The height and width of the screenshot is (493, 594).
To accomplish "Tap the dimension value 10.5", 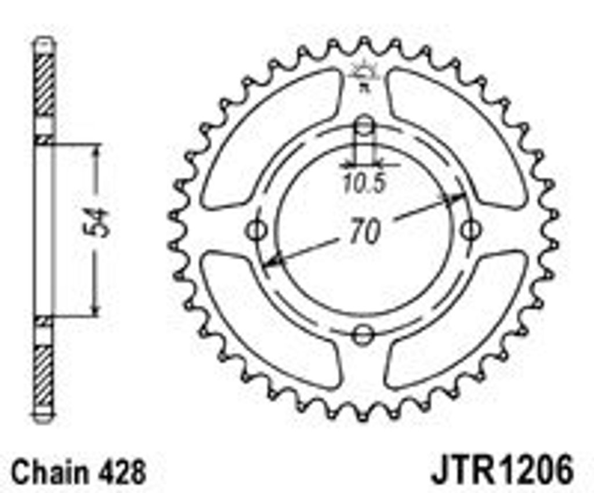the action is pyautogui.click(x=364, y=183).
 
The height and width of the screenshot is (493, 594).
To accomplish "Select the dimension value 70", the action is pyautogui.click(x=364, y=231).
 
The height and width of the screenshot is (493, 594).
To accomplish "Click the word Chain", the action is pyautogui.click(x=49, y=472).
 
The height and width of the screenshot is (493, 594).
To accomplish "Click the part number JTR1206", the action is pyautogui.click(x=502, y=470).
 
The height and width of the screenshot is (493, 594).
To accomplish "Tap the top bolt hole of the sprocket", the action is pyautogui.click(x=364, y=126).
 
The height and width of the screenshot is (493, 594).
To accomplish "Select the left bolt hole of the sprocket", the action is pyautogui.click(x=257, y=230).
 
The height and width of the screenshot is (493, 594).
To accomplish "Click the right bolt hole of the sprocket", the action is pyautogui.click(x=471, y=230).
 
